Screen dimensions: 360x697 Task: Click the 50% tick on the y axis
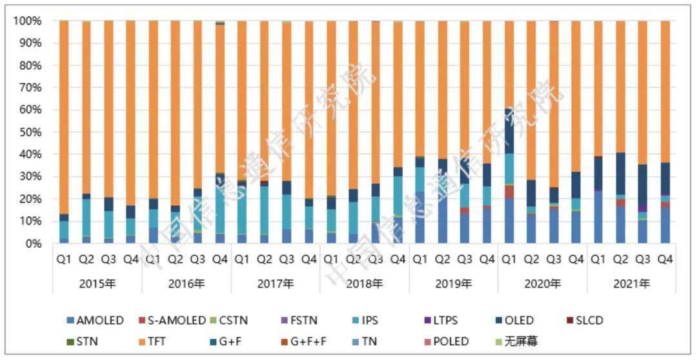[29, 132]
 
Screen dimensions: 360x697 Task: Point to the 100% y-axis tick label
[26, 21]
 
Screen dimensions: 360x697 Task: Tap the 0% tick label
[32, 244]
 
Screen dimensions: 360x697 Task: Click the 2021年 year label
[631, 283]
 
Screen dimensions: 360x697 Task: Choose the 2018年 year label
[364, 283]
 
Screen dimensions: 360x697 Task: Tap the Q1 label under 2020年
[509, 260]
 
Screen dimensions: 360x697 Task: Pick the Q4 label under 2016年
[219, 260]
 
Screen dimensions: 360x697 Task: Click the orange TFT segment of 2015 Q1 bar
[64, 116]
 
